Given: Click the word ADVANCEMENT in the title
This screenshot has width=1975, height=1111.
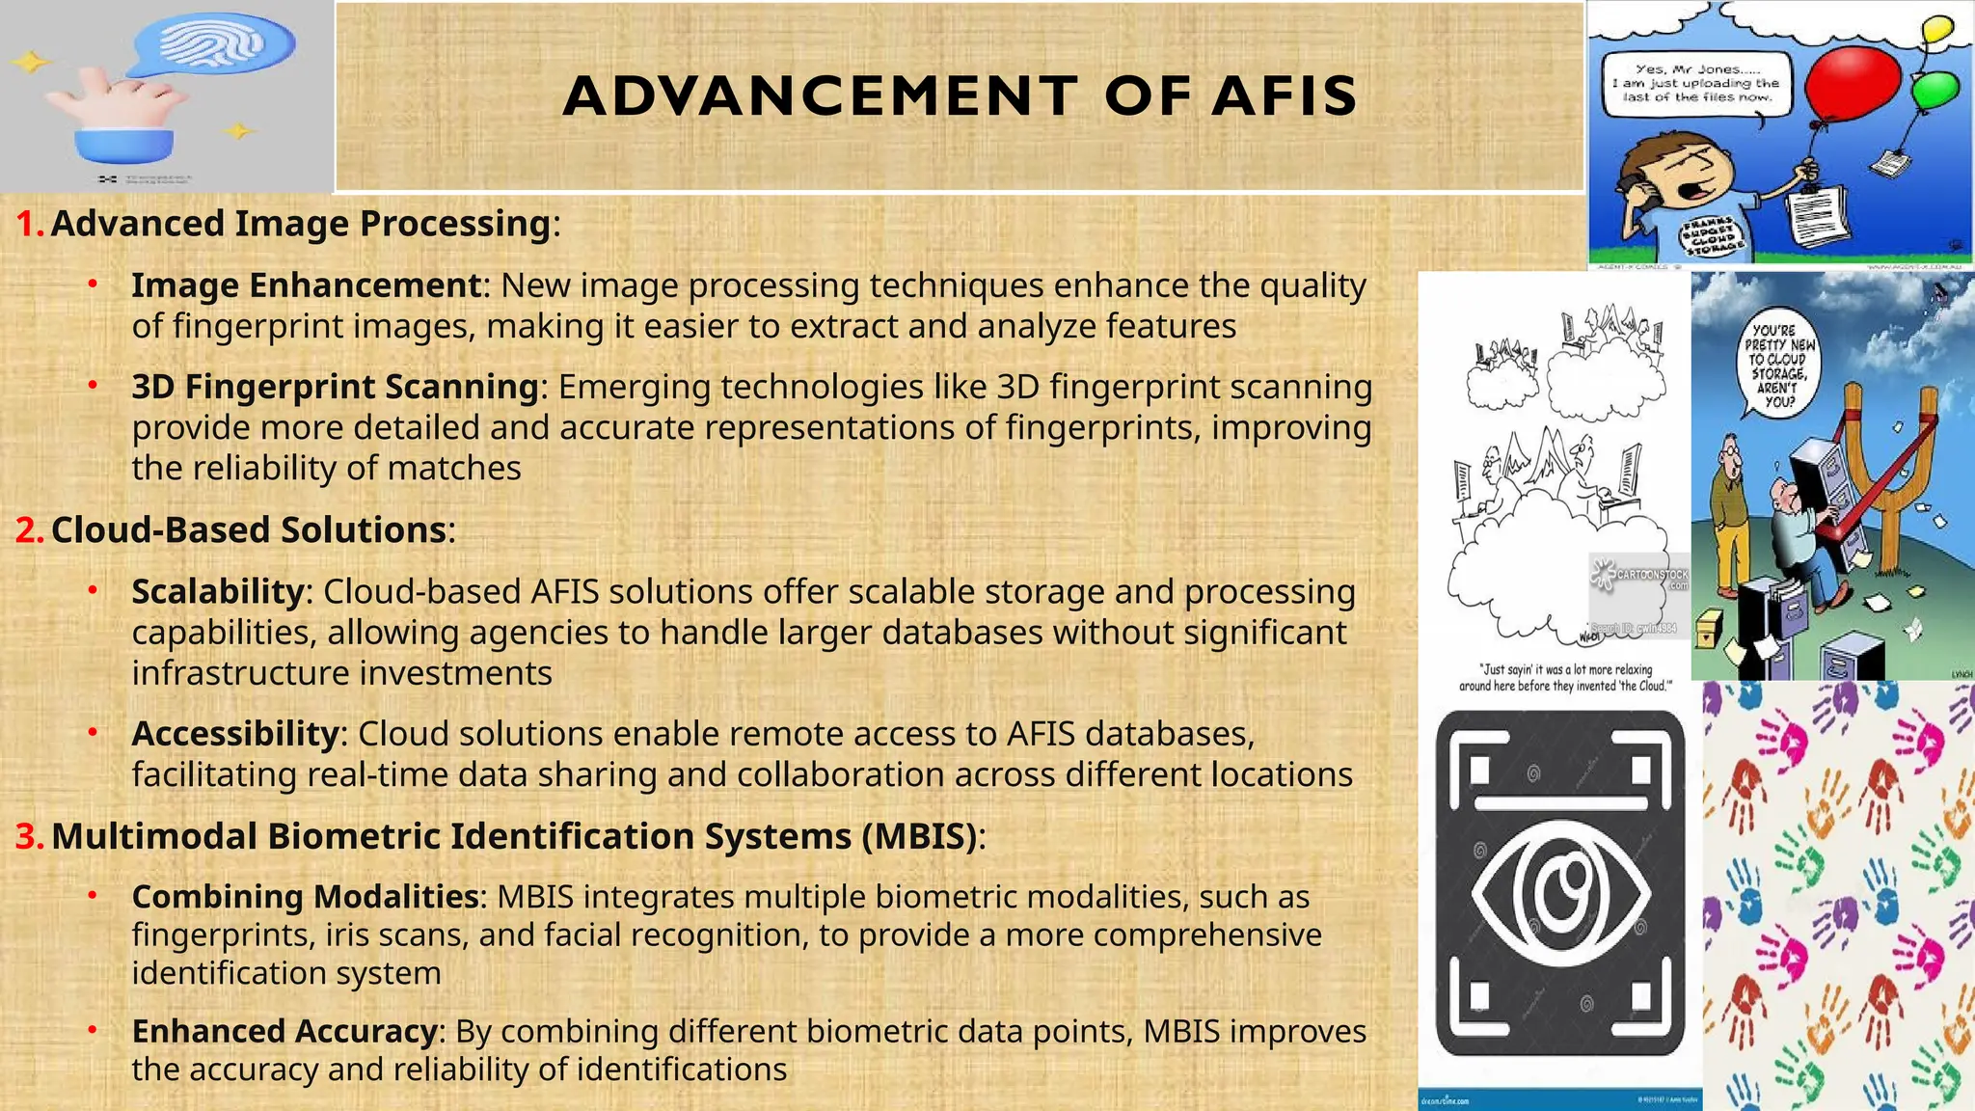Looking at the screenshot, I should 820,96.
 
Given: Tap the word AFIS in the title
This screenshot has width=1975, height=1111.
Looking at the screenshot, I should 1285,96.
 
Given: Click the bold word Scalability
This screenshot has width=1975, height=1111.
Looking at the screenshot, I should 218,591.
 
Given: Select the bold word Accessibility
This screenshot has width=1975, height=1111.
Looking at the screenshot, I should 235,734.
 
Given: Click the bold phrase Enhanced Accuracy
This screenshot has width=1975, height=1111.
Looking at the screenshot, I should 284,1031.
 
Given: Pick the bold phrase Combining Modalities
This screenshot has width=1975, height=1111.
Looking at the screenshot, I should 305,897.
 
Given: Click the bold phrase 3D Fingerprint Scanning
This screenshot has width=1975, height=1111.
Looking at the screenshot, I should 335,387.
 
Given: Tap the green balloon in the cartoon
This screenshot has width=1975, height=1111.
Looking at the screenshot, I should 1935,91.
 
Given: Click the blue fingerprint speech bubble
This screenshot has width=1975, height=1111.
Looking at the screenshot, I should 214,47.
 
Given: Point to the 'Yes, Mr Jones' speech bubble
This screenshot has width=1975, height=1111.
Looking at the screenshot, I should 1695,84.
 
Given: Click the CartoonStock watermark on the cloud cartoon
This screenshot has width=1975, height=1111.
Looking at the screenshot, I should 1639,577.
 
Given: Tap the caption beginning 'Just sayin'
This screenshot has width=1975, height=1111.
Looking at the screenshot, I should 1564,677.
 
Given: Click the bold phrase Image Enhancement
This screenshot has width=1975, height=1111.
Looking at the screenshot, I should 306,285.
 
